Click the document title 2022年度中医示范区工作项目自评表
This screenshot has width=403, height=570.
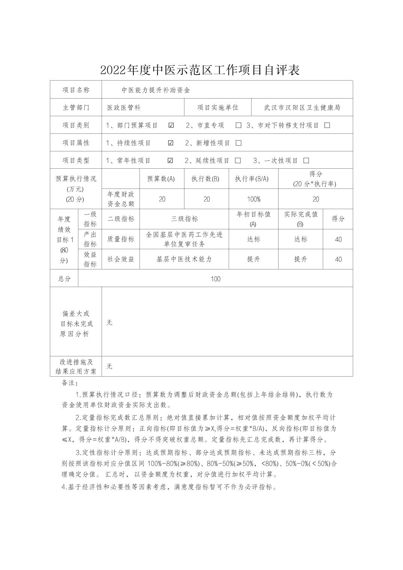tap(200, 70)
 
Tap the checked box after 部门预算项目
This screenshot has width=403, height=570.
tap(171, 125)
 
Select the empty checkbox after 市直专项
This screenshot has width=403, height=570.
tap(238, 125)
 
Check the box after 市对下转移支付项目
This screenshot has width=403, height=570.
tap(327, 125)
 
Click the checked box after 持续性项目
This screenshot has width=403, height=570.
tap(171, 143)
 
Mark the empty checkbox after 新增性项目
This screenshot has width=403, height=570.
tap(238, 143)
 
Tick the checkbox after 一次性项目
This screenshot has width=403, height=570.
tap(306, 160)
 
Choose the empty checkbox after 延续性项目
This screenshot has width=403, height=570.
tap(238, 160)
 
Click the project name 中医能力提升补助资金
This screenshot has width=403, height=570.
tap(156, 90)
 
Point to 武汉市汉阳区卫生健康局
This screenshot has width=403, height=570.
tap(302, 108)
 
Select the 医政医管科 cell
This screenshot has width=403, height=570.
tap(124, 108)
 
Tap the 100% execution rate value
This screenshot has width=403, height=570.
tap(254, 199)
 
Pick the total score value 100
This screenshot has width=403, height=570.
tap(216, 279)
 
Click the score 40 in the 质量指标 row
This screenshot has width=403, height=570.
tap(338, 239)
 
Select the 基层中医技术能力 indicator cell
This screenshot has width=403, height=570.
tap(184, 259)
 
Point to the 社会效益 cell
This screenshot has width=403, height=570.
tap(121, 259)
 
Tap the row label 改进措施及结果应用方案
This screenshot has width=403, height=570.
tap(76, 367)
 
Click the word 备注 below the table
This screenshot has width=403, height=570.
tap(70, 383)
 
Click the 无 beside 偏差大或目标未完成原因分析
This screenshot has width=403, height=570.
tap(109, 322)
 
